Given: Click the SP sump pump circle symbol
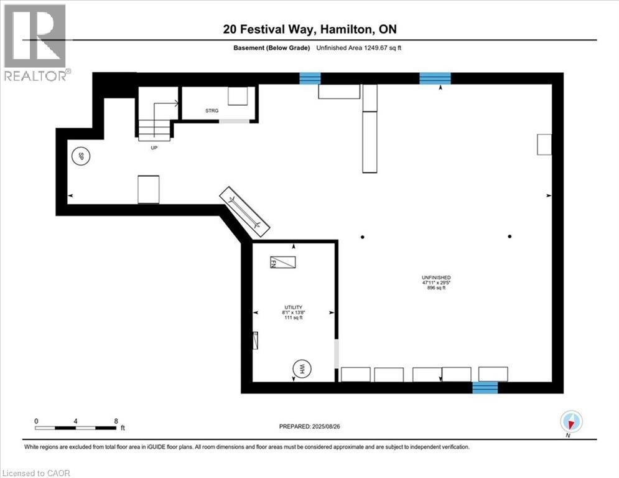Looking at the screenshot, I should [80, 157].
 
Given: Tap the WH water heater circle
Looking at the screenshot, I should [302, 369].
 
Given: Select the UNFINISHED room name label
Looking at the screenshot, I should [435, 278].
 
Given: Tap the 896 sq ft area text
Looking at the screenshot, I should [435, 288].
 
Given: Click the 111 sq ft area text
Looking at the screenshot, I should [293, 318].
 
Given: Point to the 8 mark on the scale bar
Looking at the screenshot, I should [116, 421].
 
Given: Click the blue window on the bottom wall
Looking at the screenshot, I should [485, 387].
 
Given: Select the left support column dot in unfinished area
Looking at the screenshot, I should [362, 237].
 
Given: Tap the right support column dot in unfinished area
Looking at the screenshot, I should [510, 237].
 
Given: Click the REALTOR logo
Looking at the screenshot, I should [35, 42].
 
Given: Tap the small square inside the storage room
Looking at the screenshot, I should [237, 96].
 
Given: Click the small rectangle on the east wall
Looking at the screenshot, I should [544, 144].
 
